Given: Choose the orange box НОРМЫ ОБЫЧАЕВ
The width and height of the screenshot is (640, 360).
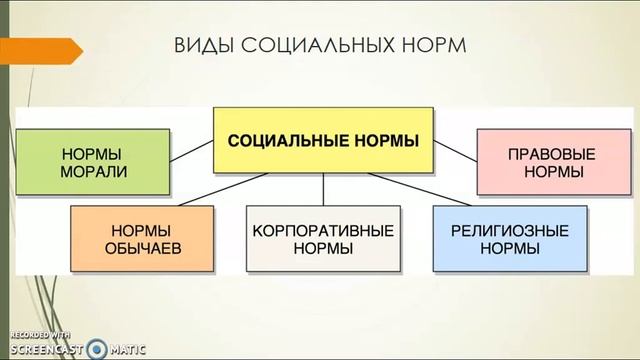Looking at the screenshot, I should [x=142, y=237].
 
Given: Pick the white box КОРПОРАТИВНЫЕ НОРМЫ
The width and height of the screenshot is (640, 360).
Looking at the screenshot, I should [x=323, y=237].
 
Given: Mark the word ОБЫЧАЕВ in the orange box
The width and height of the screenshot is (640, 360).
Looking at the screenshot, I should [x=142, y=247].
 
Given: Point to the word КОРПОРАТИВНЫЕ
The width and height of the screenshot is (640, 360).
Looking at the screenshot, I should [x=323, y=229].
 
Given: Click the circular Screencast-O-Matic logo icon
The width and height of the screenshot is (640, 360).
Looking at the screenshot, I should [x=96, y=348].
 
